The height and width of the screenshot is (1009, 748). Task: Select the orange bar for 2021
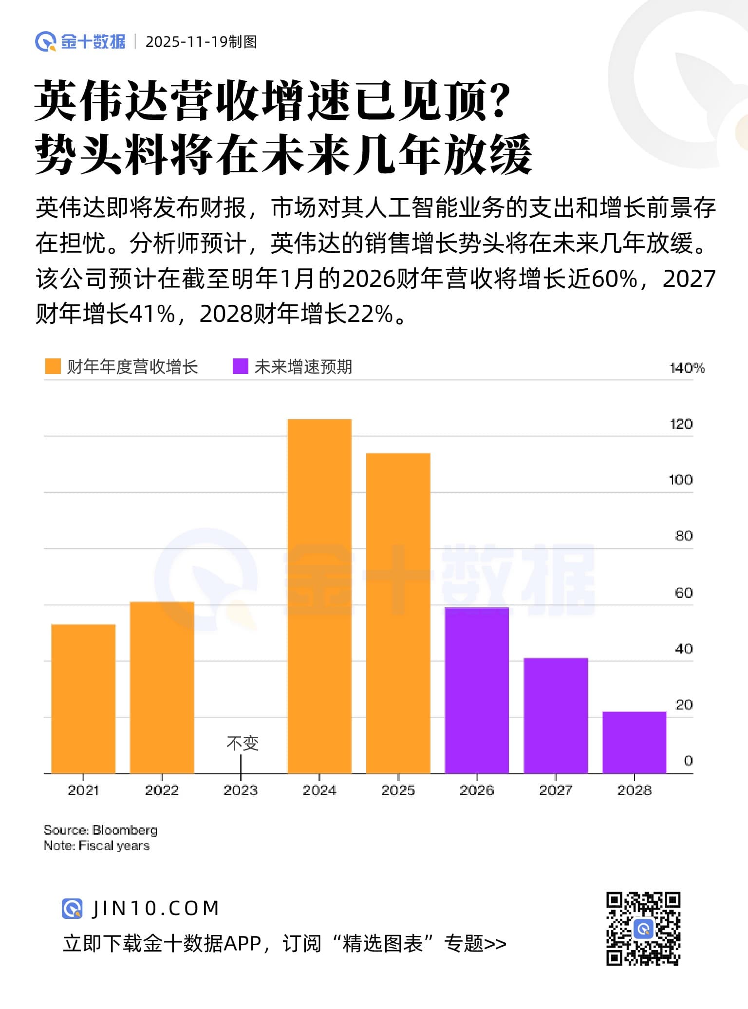[83, 698]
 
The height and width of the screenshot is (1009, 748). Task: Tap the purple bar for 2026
[477, 690]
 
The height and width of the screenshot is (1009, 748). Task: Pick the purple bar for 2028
[634, 742]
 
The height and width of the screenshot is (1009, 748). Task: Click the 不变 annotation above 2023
[242, 744]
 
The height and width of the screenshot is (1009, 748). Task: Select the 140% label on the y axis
[687, 368]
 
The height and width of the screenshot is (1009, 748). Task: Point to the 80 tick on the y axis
[684, 536]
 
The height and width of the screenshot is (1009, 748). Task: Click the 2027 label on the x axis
[556, 790]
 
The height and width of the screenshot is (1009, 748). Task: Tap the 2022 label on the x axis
[162, 790]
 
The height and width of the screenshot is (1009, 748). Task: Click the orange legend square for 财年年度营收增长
[53, 367]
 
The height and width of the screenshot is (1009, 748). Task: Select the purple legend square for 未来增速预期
[241, 367]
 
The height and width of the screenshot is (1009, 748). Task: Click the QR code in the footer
[643, 929]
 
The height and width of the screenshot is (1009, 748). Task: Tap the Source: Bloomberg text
[100, 830]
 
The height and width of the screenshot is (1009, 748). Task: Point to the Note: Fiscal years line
[96, 846]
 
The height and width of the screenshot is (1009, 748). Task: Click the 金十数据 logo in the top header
[80, 42]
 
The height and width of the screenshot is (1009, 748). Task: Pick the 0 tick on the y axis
[688, 761]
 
